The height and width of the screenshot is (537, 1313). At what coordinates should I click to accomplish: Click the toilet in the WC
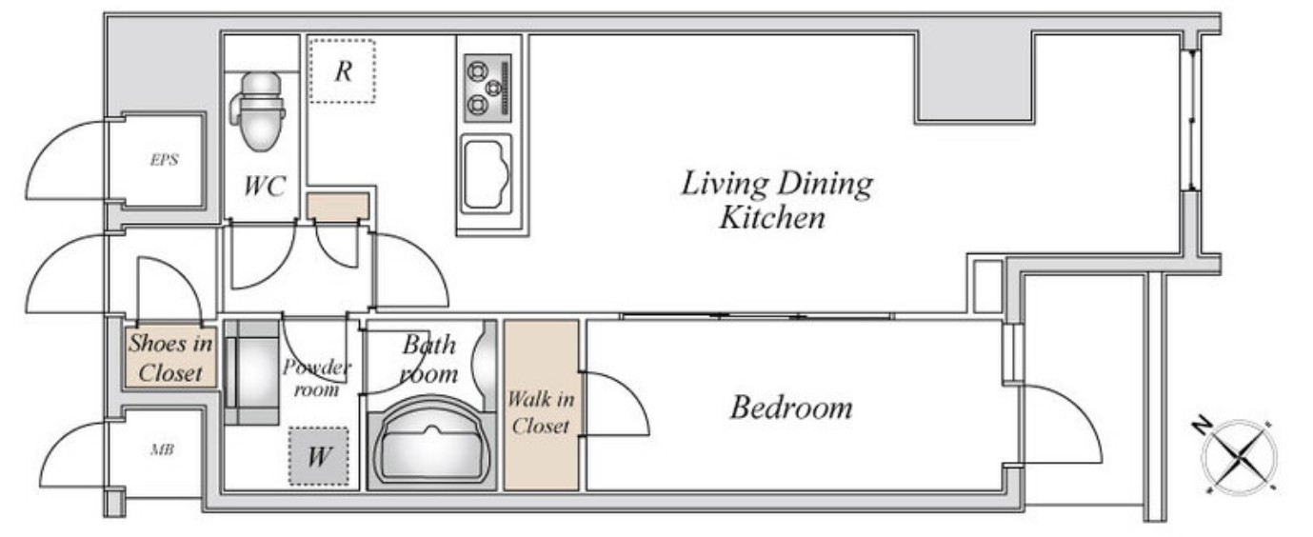tap(257, 111)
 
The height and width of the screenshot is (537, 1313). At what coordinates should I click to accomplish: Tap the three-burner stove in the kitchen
tap(487, 89)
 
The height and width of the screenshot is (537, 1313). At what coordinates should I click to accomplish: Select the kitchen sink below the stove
tap(486, 174)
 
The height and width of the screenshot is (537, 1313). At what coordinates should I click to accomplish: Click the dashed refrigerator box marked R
tap(343, 71)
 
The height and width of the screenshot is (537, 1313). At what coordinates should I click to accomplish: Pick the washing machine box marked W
tap(319, 456)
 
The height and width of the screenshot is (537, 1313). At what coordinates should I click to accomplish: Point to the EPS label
tap(164, 159)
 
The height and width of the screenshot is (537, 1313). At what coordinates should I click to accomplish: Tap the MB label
tap(162, 449)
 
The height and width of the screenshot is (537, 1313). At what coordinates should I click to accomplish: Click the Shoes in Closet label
tap(170, 358)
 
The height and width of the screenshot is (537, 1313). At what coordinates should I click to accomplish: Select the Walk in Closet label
tap(541, 412)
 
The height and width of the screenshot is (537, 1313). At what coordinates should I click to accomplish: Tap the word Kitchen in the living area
tap(772, 217)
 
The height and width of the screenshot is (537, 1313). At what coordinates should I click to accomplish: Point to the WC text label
tap(265, 186)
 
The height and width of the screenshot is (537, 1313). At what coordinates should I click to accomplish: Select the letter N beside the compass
tap(1202, 425)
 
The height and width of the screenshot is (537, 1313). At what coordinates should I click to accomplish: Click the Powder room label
tap(317, 378)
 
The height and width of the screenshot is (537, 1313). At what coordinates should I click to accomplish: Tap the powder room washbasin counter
tap(251, 372)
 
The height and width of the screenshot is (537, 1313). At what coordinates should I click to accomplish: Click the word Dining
tap(826, 185)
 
